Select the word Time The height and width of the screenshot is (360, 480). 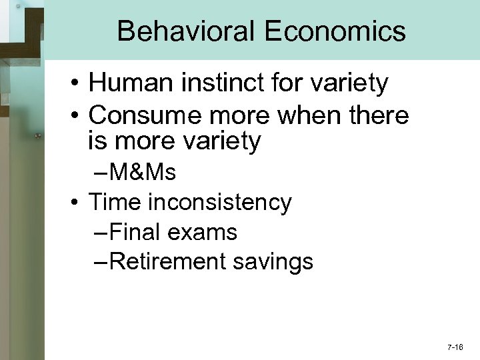click(x=111, y=202)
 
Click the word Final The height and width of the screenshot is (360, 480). click(x=137, y=232)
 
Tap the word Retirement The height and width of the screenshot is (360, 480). click(x=163, y=262)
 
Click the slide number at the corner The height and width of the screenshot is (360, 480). click(x=456, y=348)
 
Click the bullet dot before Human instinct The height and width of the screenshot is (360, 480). click(x=79, y=85)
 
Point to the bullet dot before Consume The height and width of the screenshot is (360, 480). click(x=79, y=116)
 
